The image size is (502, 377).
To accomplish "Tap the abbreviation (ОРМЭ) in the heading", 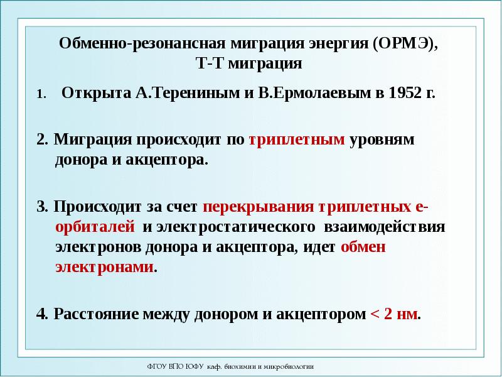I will (406, 45).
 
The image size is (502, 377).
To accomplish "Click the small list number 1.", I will (40, 95).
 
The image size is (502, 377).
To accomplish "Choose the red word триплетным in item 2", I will (297, 140).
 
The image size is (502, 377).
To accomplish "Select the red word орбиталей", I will (95, 227).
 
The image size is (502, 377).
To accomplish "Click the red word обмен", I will (364, 247).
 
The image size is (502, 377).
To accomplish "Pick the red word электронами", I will (104, 267).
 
